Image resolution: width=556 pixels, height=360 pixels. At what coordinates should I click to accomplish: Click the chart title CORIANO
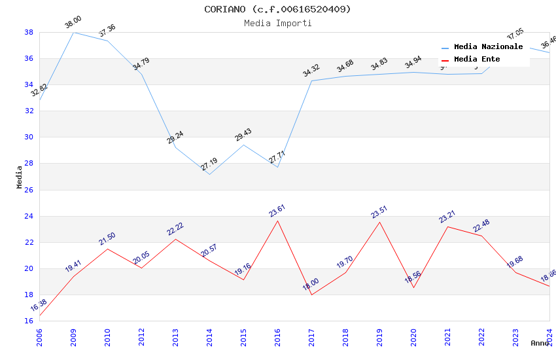pyautogui.click(x=277, y=9)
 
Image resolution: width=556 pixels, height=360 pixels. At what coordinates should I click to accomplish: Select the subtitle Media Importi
pyautogui.click(x=277, y=24)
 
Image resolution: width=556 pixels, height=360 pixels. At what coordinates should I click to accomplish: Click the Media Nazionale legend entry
pyautogui.click(x=488, y=47)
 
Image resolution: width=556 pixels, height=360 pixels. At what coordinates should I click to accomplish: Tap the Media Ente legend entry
pyautogui.click(x=477, y=60)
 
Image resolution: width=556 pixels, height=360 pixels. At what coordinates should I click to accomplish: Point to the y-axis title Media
pyautogui.click(x=20, y=177)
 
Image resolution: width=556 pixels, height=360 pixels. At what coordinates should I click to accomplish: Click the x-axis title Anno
pyautogui.click(x=540, y=343)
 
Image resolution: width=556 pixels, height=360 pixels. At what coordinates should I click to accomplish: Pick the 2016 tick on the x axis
pyautogui.click(x=277, y=333)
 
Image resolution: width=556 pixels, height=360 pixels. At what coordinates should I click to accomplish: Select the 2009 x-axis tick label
pyautogui.click(x=73, y=333)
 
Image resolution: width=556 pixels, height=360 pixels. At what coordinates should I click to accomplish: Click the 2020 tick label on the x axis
pyautogui.click(x=413, y=333)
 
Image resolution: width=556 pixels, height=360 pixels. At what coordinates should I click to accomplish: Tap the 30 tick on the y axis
pyautogui.click(x=29, y=137)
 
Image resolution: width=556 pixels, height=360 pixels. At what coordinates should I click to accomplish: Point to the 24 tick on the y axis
pyautogui.click(x=29, y=216)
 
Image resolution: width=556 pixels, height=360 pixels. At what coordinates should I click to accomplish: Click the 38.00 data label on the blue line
pyautogui.click(x=73, y=24)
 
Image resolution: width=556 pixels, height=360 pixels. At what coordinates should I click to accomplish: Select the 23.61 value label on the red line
pyautogui.click(x=277, y=211)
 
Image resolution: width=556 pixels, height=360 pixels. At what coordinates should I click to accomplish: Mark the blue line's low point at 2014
pyautogui.click(x=209, y=174)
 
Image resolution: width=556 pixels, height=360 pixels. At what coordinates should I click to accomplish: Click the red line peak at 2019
pyautogui.click(x=379, y=222)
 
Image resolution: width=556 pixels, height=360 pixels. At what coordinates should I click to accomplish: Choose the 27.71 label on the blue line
pyautogui.click(x=277, y=158)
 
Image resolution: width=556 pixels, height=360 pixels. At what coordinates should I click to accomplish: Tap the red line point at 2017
pyautogui.click(x=311, y=295)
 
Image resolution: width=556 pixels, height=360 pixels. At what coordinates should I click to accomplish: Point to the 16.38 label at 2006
pyautogui.click(x=39, y=305)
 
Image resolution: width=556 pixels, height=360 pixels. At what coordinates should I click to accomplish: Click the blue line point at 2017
pyautogui.click(x=311, y=81)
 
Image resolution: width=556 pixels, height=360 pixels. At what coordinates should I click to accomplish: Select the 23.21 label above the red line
pyautogui.click(x=447, y=216)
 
